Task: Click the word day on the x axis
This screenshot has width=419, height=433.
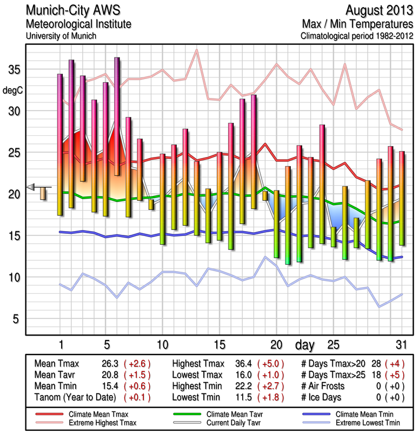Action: point(306,344)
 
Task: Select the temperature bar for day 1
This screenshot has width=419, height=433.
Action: point(60,145)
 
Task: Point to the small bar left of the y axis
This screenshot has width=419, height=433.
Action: point(43,193)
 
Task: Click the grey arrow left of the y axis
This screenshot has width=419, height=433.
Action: point(31,187)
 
